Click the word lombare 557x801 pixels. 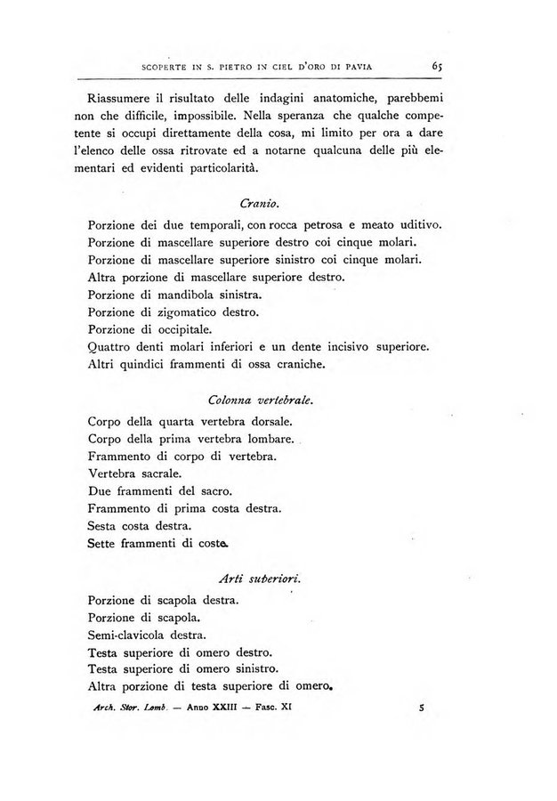[x=269, y=440]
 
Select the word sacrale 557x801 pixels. [x=157, y=474]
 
